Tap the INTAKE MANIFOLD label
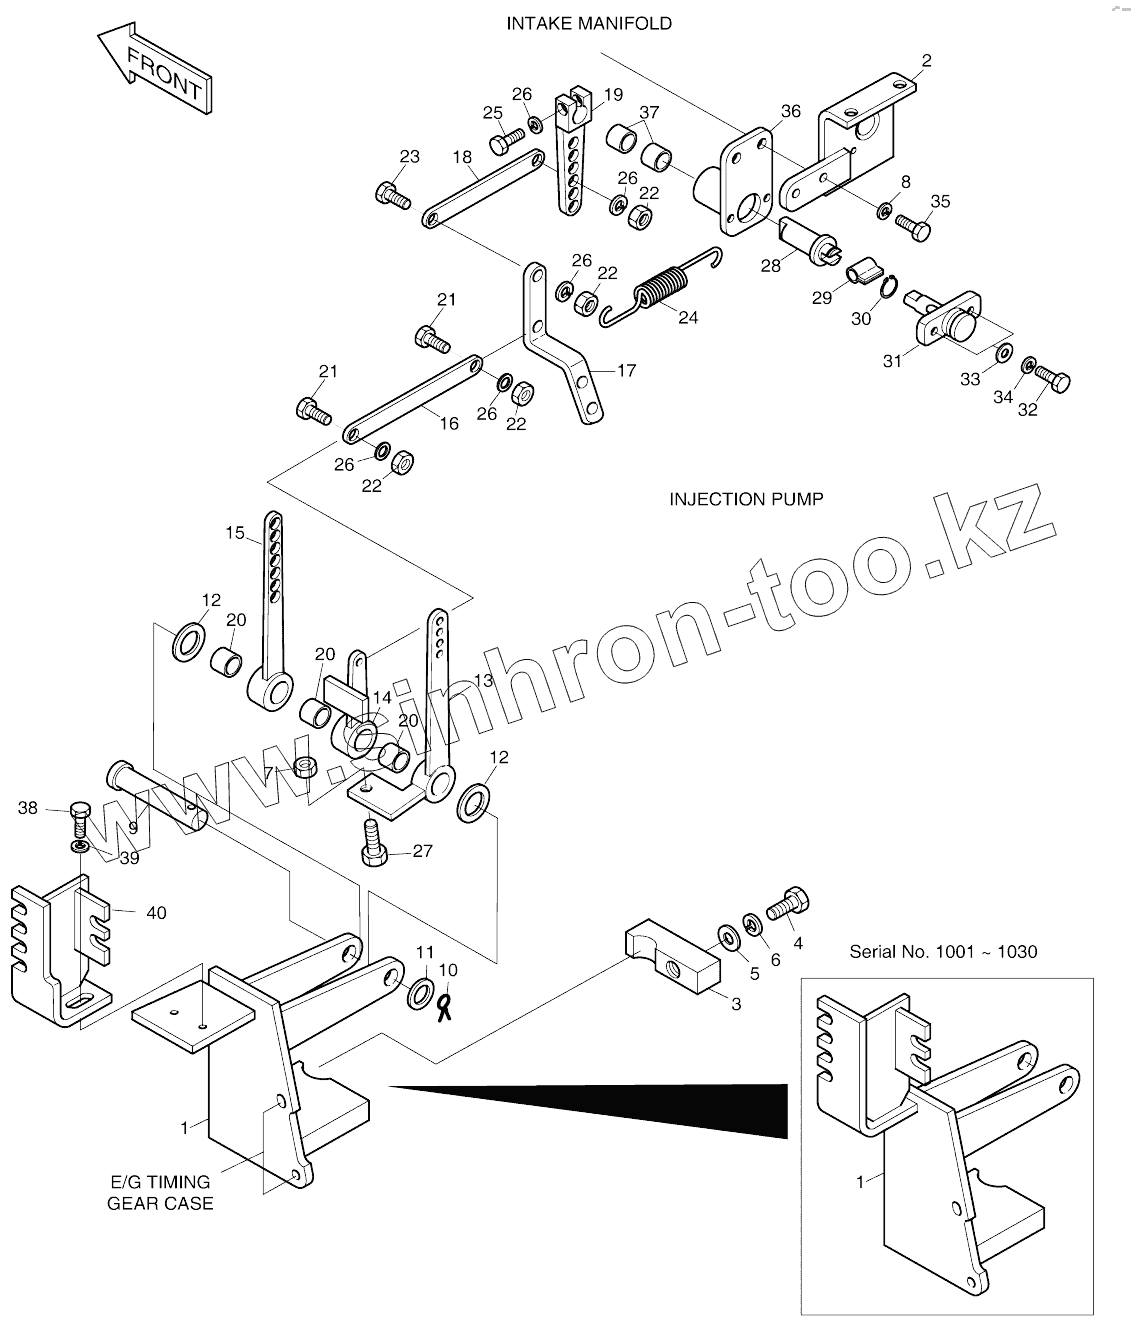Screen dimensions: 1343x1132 point(588,23)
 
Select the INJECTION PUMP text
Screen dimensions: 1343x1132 point(746,498)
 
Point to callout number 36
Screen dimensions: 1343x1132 point(790,112)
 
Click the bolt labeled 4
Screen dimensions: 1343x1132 point(788,905)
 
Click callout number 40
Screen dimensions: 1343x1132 point(156,912)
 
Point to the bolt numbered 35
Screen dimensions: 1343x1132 point(912,226)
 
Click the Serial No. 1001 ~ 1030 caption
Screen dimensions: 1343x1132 point(943,951)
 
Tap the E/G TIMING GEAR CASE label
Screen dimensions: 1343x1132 point(160,1192)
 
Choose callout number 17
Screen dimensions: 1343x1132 point(626,371)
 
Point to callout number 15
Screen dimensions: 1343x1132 point(234,533)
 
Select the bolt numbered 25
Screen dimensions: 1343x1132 point(507,140)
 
